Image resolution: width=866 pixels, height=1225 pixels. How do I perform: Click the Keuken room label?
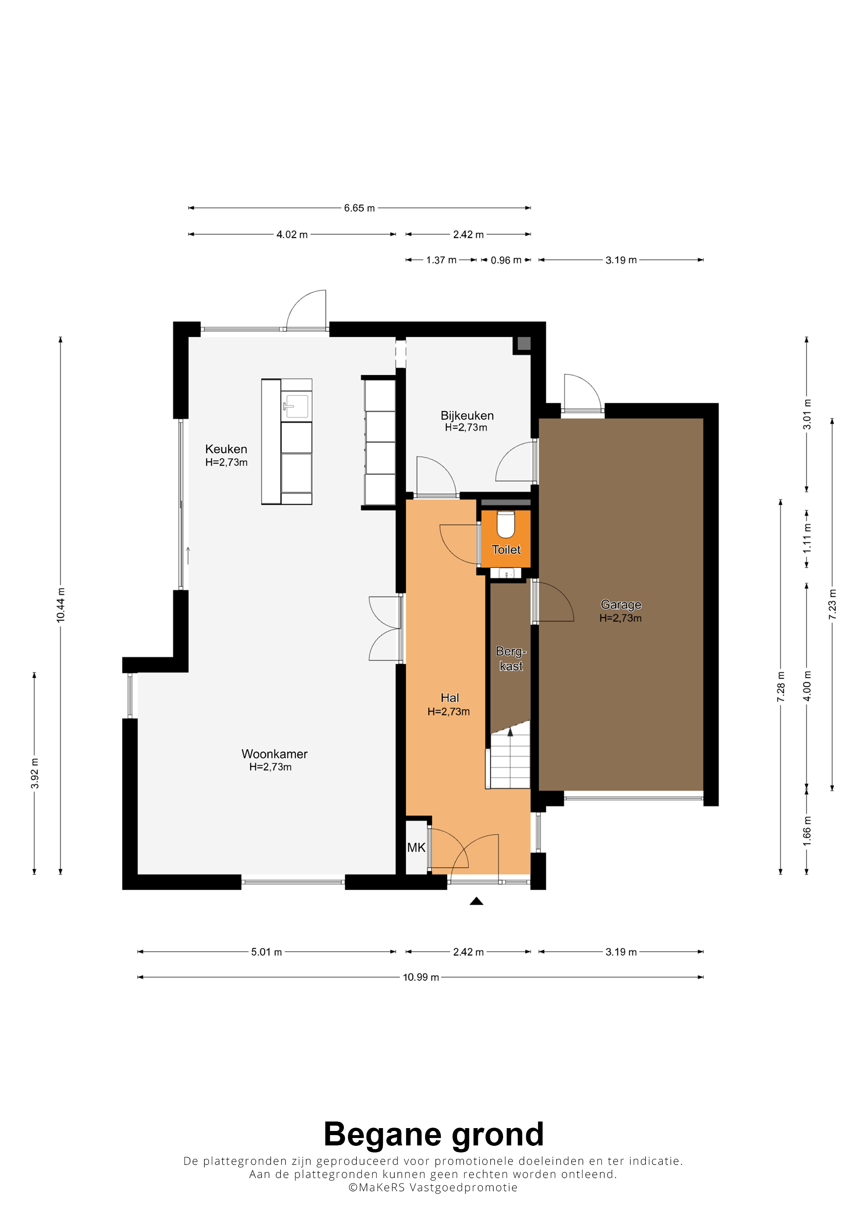pyautogui.click(x=226, y=449)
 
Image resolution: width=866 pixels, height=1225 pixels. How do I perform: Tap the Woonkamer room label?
pyautogui.click(x=274, y=754)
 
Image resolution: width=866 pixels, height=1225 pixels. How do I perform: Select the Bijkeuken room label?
pyautogui.click(x=467, y=416)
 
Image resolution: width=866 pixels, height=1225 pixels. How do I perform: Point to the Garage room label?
pyautogui.click(x=621, y=604)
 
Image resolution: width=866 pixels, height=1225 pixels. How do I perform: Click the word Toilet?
pyautogui.click(x=506, y=550)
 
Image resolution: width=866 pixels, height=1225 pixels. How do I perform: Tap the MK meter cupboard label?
pyautogui.click(x=416, y=847)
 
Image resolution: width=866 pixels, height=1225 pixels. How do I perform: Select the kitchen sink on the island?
pyautogui.click(x=296, y=406)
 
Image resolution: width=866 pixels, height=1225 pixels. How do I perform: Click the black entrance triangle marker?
pyautogui.click(x=476, y=901)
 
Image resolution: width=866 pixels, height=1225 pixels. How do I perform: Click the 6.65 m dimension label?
pyautogui.click(x=359, y=208)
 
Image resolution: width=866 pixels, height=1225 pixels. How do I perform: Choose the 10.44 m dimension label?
pyautogui.click(x=61, y=605)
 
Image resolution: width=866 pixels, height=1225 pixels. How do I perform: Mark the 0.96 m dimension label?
pyautogui.click(x=506, y=260)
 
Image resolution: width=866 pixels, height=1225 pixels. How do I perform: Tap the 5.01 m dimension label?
pyautogui.click(x=266, y=952)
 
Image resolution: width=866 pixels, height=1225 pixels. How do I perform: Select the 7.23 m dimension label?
pyautogui.click(x=832, y=604)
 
